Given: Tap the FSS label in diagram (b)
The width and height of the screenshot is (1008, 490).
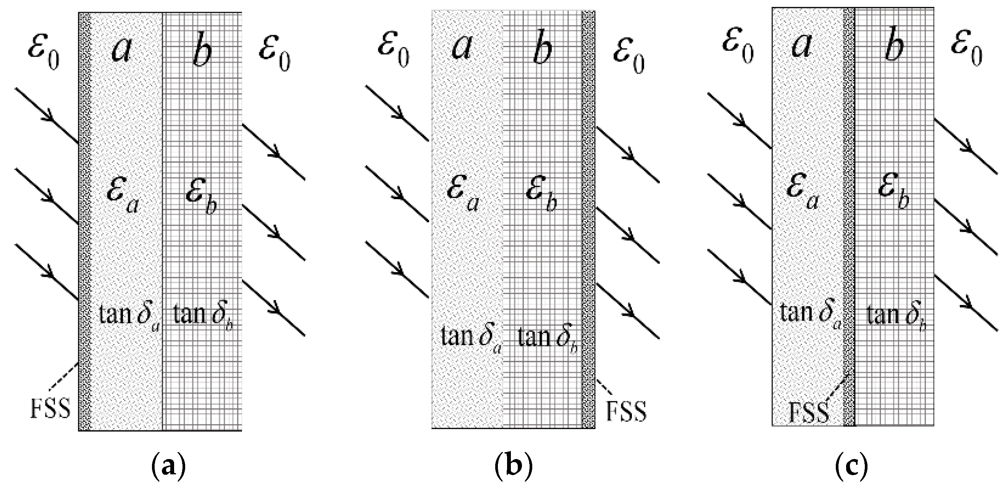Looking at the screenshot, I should (x=626, y=411).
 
